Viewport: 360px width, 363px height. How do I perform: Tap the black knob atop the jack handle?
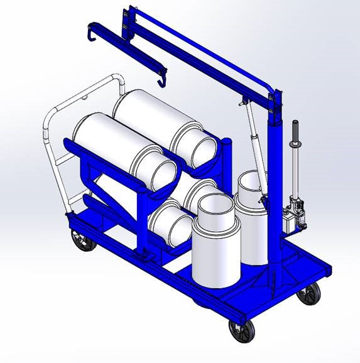292,129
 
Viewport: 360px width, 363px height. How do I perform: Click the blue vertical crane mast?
275,188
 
